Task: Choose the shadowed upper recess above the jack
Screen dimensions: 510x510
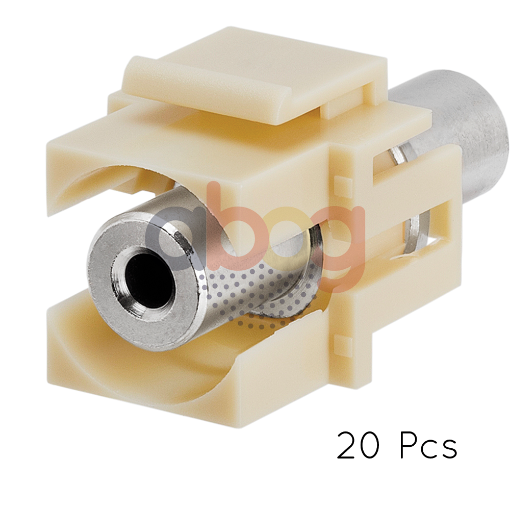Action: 117,178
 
